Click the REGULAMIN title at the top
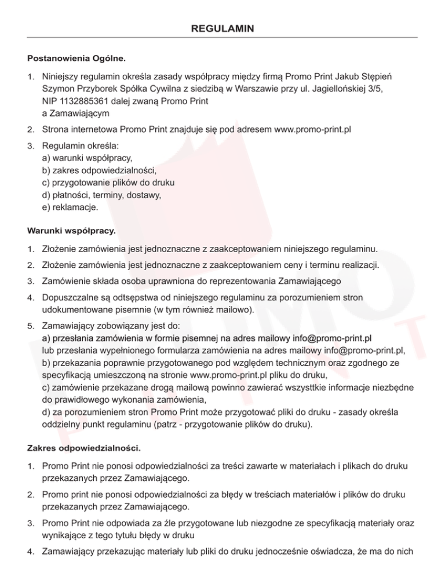[222, 28]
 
